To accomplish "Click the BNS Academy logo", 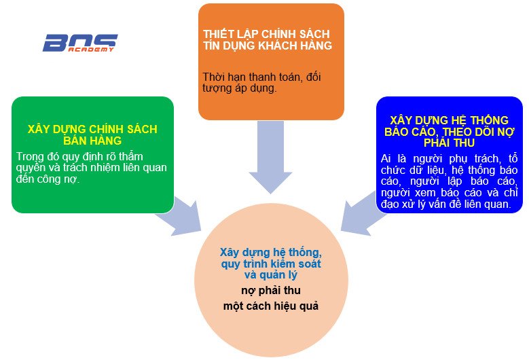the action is [x=80, y=43].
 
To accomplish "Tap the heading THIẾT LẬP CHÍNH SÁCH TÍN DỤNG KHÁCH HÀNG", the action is [x=268, y=39].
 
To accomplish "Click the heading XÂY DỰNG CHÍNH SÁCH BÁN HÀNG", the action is [x=92, y=134].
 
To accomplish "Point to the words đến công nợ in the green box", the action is [x=48, y=179].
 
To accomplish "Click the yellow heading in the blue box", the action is [x=449, y=132].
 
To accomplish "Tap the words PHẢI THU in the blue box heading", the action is [x=449, y=143].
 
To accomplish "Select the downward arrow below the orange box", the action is [x=270, y=157].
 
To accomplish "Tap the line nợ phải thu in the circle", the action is [x=271, y=291].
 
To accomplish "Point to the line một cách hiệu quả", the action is [x=271, y=306].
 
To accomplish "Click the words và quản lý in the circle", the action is [x=271, y=275].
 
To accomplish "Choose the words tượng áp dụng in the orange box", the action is [x=240, y=88].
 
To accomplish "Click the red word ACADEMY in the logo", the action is [x=91, y=50].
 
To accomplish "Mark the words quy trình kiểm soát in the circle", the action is [x=271, y=264].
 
